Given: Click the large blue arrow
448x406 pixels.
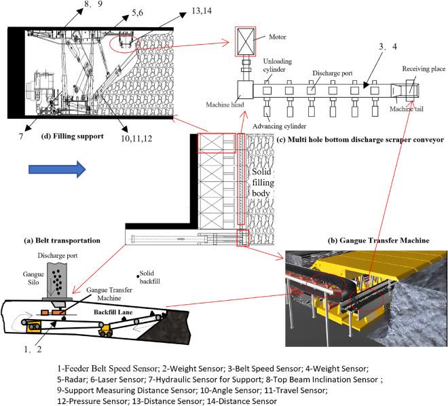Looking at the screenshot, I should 58,168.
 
